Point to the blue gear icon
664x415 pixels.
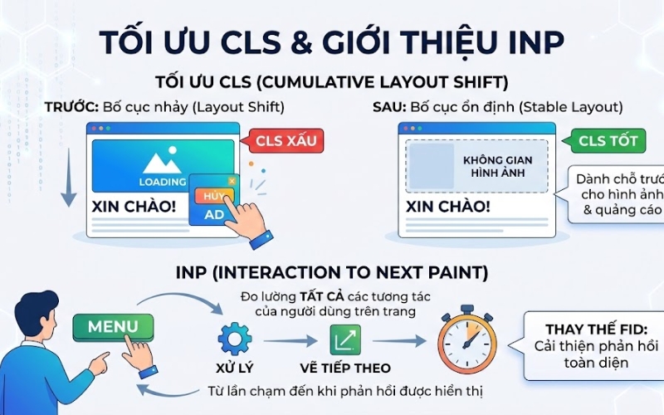(x=234, y=339)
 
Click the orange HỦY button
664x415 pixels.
(x=212, y=197)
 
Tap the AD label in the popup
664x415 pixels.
(x=215, y=214)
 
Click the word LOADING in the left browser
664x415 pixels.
(x=163, y=182)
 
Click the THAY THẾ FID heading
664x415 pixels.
(x=592, y=328)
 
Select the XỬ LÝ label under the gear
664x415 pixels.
(x=233, y=367)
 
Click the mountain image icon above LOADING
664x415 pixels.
(x=162, y=162)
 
